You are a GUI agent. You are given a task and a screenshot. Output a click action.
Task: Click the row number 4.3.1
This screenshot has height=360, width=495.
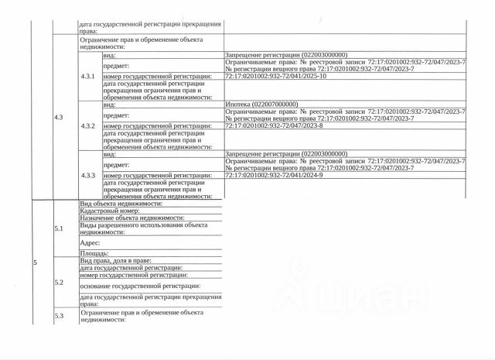(x=87, y=77)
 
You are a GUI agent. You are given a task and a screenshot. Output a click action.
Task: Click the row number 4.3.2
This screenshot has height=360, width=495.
(x=87, y=125)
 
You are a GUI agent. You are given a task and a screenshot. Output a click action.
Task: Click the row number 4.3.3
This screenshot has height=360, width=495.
(x=87, y=176)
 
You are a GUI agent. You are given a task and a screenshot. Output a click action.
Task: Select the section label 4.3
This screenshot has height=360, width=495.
(x=59, y=117)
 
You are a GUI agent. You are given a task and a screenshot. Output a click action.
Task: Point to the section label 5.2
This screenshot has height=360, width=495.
(x=59, y=283)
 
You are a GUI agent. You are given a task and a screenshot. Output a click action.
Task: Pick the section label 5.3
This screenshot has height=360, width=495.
(x=59, y=316)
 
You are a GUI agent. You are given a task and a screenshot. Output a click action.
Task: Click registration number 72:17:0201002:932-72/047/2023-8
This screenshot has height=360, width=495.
(x=278, y=125)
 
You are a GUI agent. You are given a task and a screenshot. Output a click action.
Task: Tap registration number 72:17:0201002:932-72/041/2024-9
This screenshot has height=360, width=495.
(x=278, y=176)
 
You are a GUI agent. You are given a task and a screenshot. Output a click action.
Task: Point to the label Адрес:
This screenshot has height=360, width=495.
(x=90, y=243)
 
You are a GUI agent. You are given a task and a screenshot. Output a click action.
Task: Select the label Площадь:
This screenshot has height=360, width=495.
(x=94, y=253)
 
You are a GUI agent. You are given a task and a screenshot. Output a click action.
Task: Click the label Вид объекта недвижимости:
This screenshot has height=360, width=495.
(x=121, y=204)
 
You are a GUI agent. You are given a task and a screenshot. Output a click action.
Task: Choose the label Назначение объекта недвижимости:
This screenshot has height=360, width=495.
(x=131, y=218)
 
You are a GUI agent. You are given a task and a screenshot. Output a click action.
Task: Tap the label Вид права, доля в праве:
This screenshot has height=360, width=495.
(x=116, y=261)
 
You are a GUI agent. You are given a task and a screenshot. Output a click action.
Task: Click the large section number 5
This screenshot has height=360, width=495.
(x=35, y=264)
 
